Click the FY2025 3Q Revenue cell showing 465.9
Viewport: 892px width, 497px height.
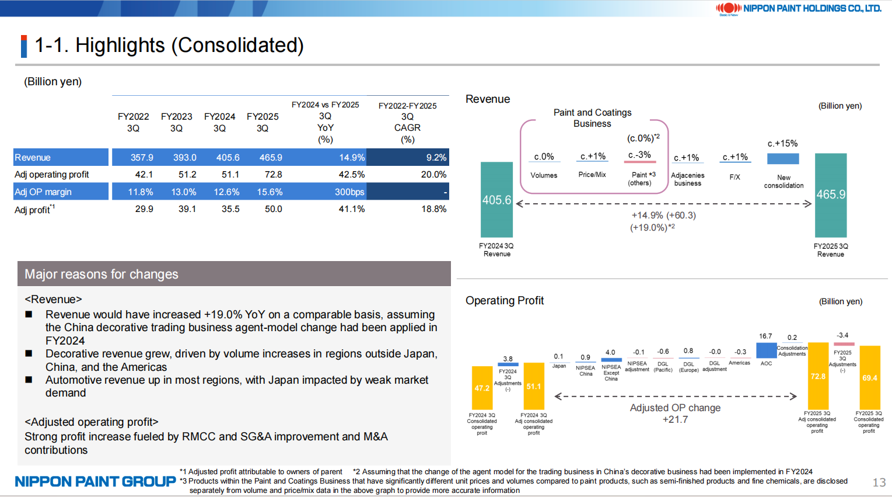(x=271, y=158)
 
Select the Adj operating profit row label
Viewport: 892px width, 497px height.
(x=52, y=175)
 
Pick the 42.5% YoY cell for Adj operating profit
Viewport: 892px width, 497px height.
(x=351, y=175)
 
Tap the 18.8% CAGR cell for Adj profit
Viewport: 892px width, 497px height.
(x=433, y=209)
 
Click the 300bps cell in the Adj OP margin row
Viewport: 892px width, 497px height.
(x=349, y=192)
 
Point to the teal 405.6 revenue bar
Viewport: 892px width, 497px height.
(x=496, y=200)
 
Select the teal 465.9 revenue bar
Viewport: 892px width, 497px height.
(x=831, y=194)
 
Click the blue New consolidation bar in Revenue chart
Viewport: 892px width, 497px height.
(x=783, y=159)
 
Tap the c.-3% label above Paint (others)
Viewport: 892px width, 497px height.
(x=639, y=155)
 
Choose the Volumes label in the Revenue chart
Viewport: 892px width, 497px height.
(x=544, y=175)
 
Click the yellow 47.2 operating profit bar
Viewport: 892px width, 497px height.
(x=482, y=388)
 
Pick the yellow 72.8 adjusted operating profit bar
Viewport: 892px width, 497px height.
(x=818, y=376)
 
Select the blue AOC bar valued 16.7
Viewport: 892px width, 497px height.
(x=766, y=350)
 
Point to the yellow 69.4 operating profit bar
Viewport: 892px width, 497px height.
(x=869, y=378)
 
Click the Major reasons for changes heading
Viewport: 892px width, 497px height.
(x=102, y=274)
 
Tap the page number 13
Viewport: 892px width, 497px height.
(x=879, y=482)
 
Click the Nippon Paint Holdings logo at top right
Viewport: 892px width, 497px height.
(x=798, y=8)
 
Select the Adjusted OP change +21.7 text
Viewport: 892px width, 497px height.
(x=675, y=413)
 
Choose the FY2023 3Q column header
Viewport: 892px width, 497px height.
(x=176, y=122)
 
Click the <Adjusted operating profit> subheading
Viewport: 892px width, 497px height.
(x=91, y=422)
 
